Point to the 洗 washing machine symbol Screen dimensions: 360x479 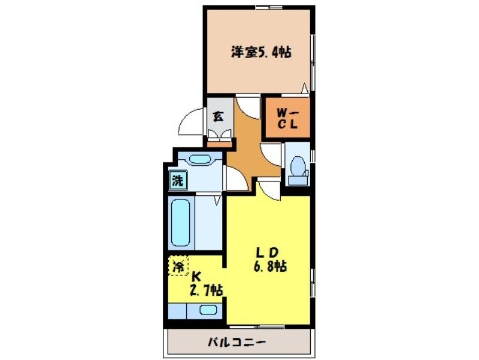click(x=177, y=179)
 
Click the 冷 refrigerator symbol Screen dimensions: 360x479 click(x=178, y=265)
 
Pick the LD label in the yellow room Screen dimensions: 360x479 click(x=268, y=252)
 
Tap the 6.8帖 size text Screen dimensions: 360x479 click(x=268, y=267)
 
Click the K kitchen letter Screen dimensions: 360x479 click(x=195, y=277)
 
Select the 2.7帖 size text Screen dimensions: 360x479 click(x=205, y=291)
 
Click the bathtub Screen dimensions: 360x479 click(x=180, y=223)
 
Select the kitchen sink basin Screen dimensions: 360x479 click(x=207, y=310)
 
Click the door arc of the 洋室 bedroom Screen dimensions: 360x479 click(x=245, y=108)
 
